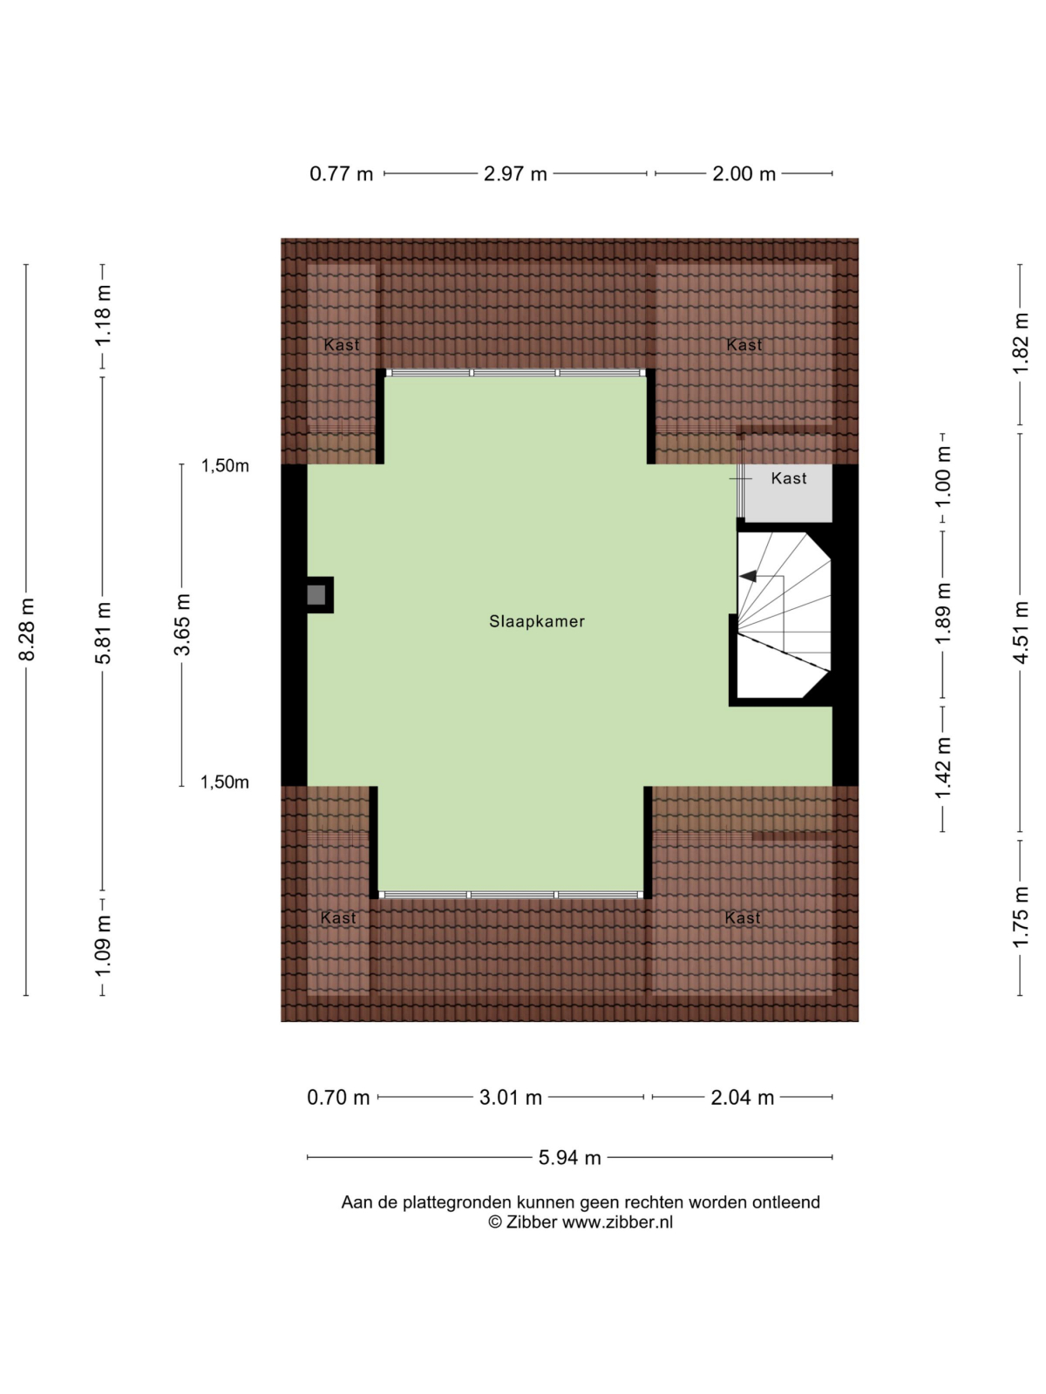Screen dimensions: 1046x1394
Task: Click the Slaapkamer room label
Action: [x=536, y=621]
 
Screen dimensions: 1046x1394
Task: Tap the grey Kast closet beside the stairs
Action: [x=787, y=493]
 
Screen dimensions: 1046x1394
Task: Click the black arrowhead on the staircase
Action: [x=748, y=576]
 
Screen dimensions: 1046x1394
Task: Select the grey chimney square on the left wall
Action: [x=316, y=595]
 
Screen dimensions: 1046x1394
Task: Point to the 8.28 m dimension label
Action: [x=27, y=629]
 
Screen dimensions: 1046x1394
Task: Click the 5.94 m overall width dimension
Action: [x=570, y=1158]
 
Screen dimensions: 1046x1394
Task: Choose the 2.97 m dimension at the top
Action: [x=515, y=173]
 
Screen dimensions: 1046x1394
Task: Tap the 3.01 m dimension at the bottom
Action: [x=510, y=1098]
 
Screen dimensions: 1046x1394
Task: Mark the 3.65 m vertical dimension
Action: [x=182, y=625]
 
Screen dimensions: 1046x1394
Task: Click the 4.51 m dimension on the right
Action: [x=1020, y=633]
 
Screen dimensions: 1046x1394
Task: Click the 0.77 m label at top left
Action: [x=341, y=173]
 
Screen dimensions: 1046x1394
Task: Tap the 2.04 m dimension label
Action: [x=742, y=1098]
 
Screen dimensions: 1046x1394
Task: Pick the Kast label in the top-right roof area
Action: [x=744, y=345]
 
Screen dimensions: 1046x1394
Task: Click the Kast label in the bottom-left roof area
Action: [x=338, y=917]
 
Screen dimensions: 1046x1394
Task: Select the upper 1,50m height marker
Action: [x=225, y=466]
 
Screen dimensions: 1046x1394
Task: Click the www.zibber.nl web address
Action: [x=617, y=1221]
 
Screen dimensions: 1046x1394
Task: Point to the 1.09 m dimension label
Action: [x=104, y=946]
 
